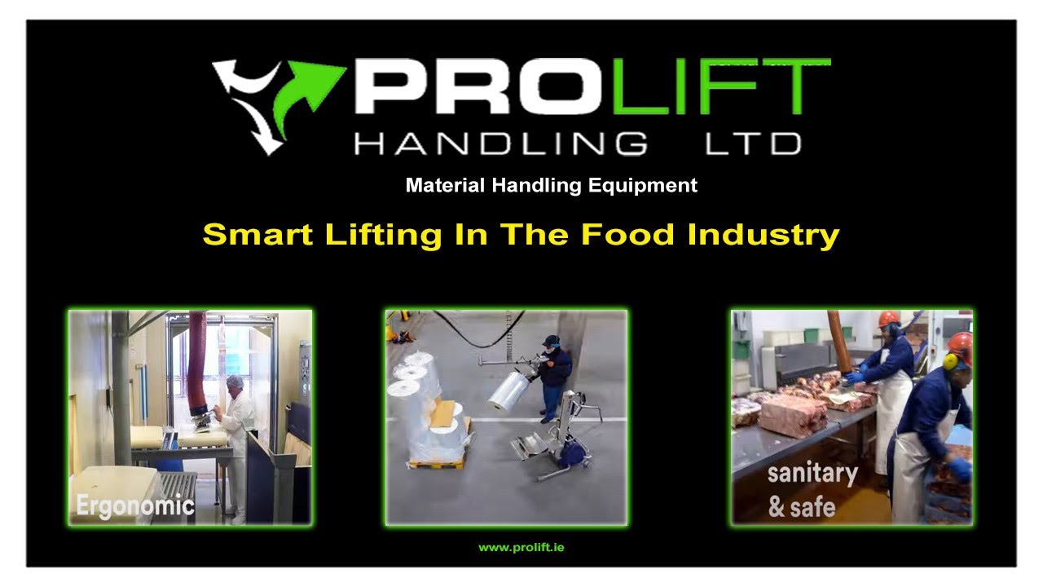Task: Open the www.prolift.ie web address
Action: [521, 547]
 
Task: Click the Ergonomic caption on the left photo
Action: [135, 505]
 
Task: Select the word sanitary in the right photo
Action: [812, 474]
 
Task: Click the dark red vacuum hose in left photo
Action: [196, 359]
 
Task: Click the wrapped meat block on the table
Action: [791, 415]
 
